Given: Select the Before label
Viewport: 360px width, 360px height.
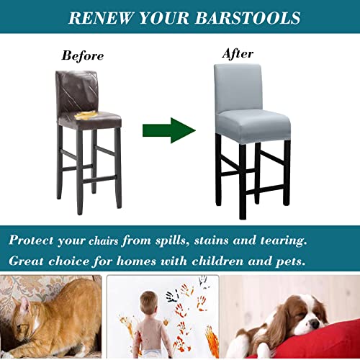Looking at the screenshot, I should click(x=82, y=55).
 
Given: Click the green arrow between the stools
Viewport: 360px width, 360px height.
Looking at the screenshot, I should click(x=168, y=130).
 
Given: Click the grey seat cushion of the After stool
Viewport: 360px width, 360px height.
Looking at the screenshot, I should click(x=252, y=122).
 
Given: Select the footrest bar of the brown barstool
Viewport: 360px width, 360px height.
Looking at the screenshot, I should click(x=91, y=177).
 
